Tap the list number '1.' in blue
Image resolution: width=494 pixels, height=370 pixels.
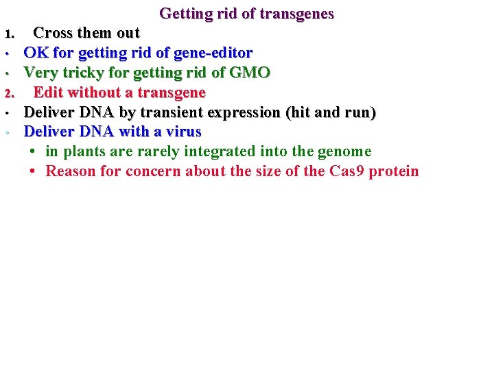pyautogui.click(x=9, y=34)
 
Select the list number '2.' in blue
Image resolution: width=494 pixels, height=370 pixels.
pyautogui.click(x=10, y=93)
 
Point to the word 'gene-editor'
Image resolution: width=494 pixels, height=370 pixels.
pyautogui.click(x=213, y=53)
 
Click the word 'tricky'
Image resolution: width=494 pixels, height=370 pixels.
pyautogui.click(x=82, y=73)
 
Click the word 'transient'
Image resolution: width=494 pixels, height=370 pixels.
pyautogui.click(x=158, y=112)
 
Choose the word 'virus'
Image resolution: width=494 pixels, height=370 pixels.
pyautogui.click(x=181, y=132)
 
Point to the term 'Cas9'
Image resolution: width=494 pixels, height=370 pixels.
pyautogui.click(x=347, y=171)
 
